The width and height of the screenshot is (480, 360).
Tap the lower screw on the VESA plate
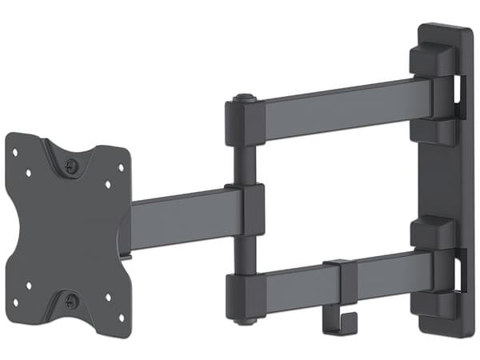click(x=73, y=302)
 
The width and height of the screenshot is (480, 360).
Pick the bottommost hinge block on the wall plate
click(x=433, y=303)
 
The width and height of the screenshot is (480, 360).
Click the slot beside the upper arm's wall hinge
click(x=459, y=90)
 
